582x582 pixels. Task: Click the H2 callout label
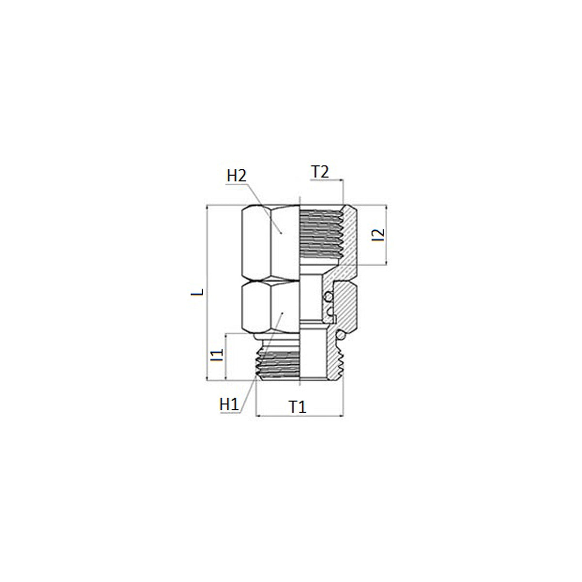coord(237,176)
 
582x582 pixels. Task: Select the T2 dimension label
coord(319,172)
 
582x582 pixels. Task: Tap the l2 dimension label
coord(378,235)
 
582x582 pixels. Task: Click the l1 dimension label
coord(217,355)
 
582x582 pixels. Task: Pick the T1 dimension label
coord(298,407)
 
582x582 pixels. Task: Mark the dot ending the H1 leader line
coord(282,314)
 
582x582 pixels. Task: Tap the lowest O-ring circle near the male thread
coord(340,335)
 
